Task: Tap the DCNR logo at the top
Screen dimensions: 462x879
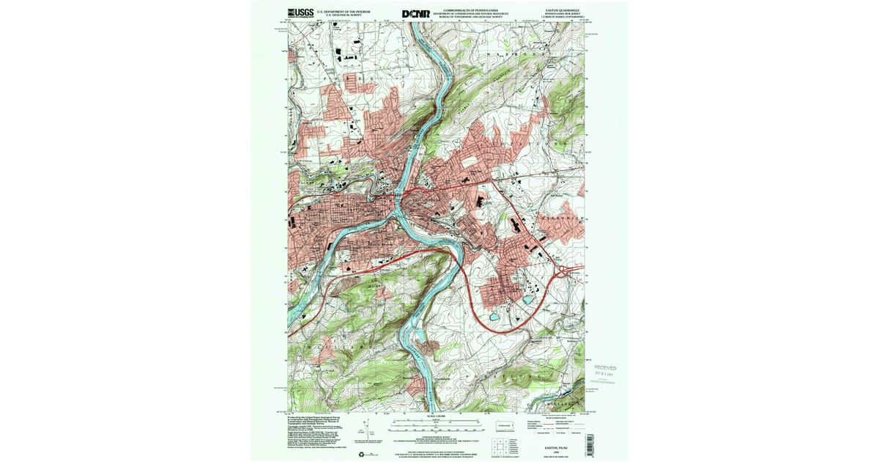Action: pos(416,13)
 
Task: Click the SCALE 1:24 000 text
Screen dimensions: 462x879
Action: pos(438,416)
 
